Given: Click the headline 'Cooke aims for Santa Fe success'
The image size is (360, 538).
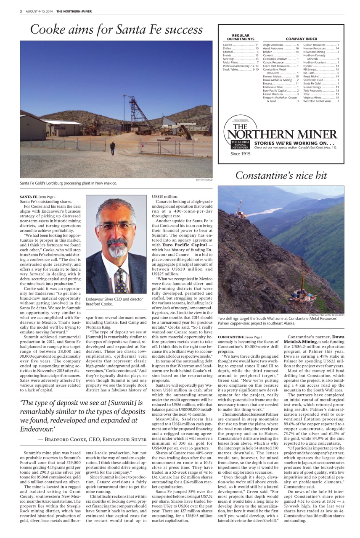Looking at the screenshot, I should (116, 30).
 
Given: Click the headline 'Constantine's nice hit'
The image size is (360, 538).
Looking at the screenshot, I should (281, 175).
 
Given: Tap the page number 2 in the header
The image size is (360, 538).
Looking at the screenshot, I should (21, 11).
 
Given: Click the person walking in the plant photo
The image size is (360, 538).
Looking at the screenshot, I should (112, 148).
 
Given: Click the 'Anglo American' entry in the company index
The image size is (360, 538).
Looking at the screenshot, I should (274, 45).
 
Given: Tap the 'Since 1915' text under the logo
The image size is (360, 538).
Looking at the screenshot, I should (240, 154).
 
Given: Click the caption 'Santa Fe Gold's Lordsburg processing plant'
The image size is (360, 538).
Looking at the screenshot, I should (68, 183).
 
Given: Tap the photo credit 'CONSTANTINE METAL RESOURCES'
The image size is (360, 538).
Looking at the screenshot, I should (326, 315).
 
